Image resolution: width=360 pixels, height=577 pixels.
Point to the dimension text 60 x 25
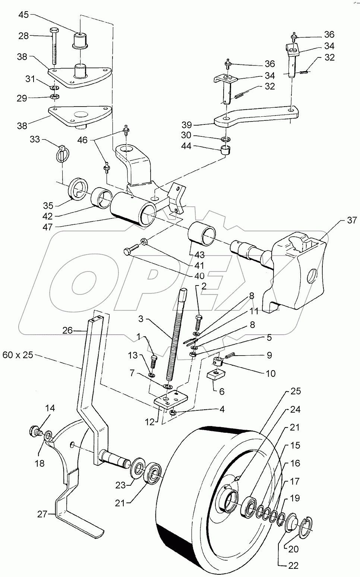18,355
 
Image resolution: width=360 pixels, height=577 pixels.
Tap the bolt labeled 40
128,252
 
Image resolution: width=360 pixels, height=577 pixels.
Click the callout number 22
293,565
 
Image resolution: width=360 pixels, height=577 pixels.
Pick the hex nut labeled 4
173,413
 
